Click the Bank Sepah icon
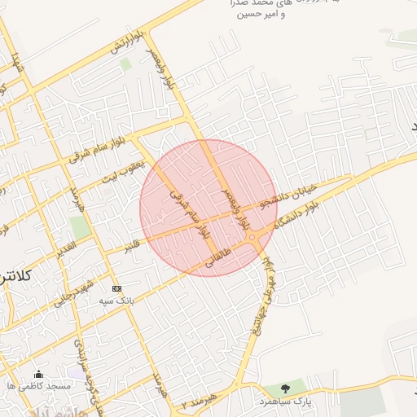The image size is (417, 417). pos(116,288)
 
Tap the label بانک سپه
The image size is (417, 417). pos(116,301)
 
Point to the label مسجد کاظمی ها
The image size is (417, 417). pos(37,385)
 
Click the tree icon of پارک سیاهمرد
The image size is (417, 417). pos(284,389)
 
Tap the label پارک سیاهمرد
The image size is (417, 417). pos(285,402)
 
